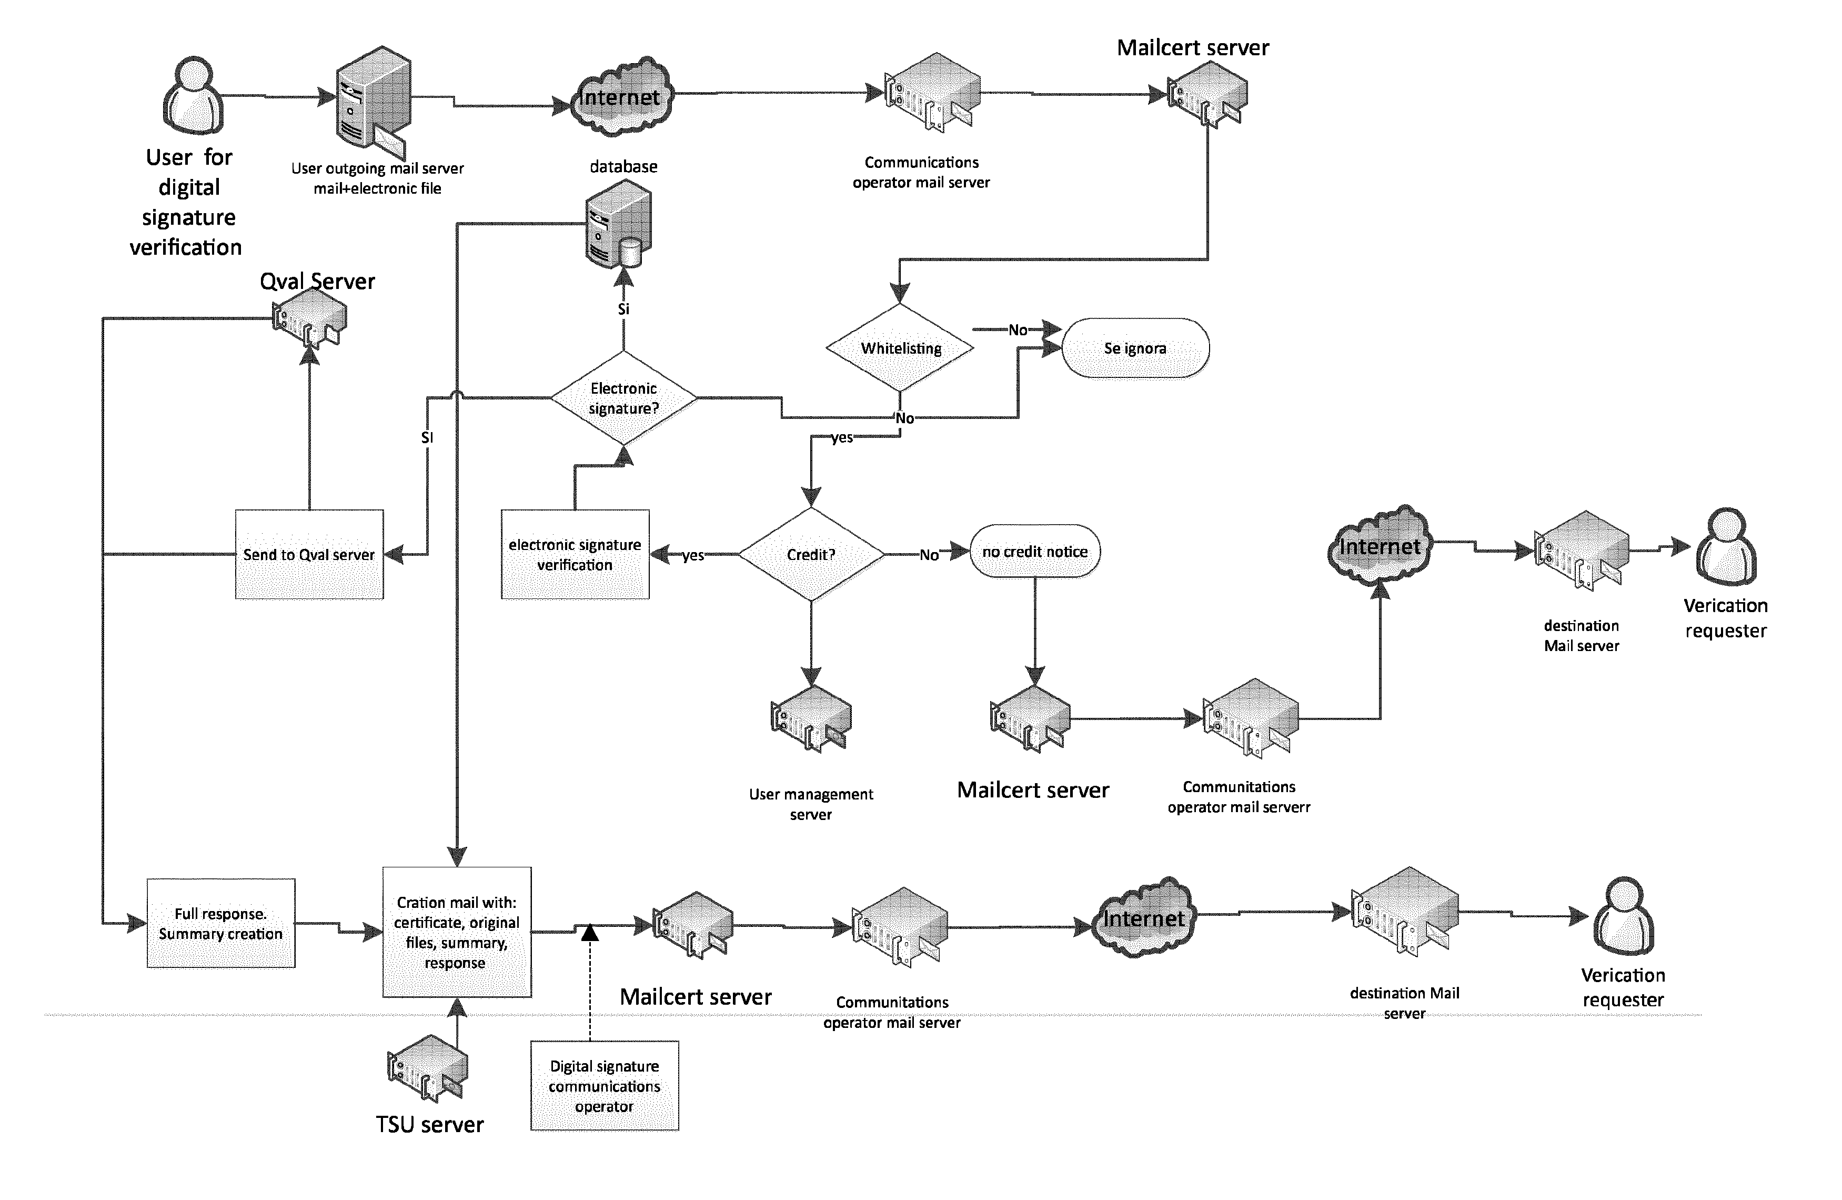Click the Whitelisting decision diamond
click(x=900, y=348)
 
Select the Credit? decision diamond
click(x=811, y=554)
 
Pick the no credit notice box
click(x=1035, y=551)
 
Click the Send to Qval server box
click(x=309, y=554)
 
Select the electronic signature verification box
click(x=575, y=554)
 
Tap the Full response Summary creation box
click(x=220, y=923)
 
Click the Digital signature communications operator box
click(x=605, y=1085)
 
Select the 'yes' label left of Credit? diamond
click(x=693, y=555)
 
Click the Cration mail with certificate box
click(x=457, y=932)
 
